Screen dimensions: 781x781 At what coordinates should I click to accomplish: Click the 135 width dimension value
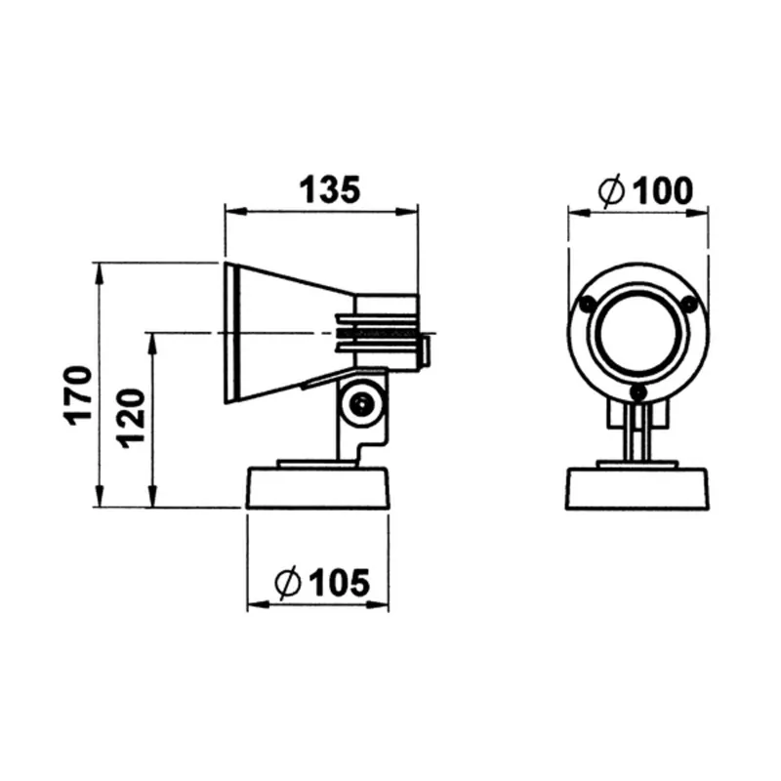pos(329,189)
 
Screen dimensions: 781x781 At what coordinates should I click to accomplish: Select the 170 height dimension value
pos(79,395)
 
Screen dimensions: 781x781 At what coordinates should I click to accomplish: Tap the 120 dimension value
pos(131,418)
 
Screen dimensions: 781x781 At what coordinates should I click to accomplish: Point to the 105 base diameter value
pos(340,582)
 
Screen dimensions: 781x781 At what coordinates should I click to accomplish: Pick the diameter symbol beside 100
pos(611,190)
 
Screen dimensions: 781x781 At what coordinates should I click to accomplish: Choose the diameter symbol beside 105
pos(288,582)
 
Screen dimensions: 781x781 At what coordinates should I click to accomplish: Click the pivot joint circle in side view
pos(360,404)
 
